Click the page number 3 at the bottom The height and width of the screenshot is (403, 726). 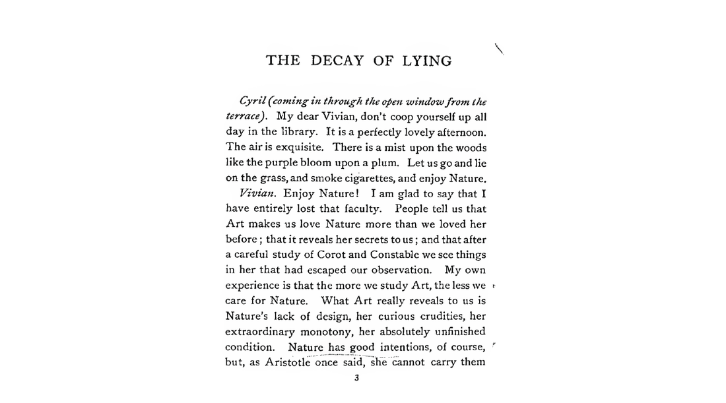point(356,379)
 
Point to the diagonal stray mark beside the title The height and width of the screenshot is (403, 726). point(499,48)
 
